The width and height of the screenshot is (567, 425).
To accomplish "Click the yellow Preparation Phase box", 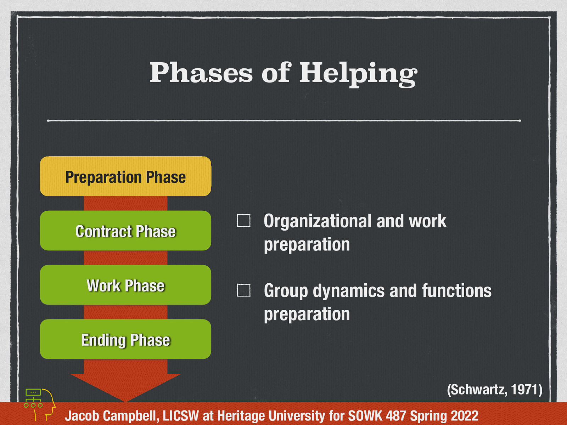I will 125,176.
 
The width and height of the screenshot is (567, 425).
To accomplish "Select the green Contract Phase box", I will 125,231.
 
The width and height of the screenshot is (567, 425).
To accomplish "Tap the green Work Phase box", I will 125,285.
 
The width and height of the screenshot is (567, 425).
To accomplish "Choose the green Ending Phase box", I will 125,339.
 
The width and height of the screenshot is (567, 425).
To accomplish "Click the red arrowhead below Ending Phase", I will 125,386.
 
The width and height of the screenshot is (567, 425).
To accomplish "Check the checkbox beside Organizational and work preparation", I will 243,221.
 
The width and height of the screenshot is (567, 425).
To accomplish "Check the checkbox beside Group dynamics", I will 243,290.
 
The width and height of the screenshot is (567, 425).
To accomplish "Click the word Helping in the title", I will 358,73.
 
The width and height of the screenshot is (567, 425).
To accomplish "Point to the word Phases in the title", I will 201,73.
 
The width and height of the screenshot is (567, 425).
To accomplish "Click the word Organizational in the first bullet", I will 317,221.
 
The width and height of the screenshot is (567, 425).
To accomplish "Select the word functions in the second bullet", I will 456,291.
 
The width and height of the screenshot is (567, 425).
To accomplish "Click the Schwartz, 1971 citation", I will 494,390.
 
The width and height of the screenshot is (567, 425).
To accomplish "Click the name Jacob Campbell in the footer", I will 112,415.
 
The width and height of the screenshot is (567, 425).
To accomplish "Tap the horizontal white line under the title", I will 283,121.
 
